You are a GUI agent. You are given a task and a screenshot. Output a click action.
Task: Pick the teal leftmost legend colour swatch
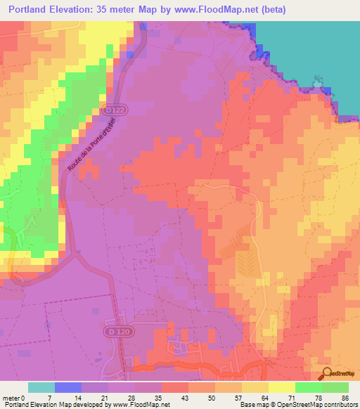tap(41, 387)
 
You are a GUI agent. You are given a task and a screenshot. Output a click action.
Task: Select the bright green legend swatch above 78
tap(309, 387)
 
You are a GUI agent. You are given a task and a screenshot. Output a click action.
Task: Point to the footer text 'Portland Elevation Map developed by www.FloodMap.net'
tap(85, 404)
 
